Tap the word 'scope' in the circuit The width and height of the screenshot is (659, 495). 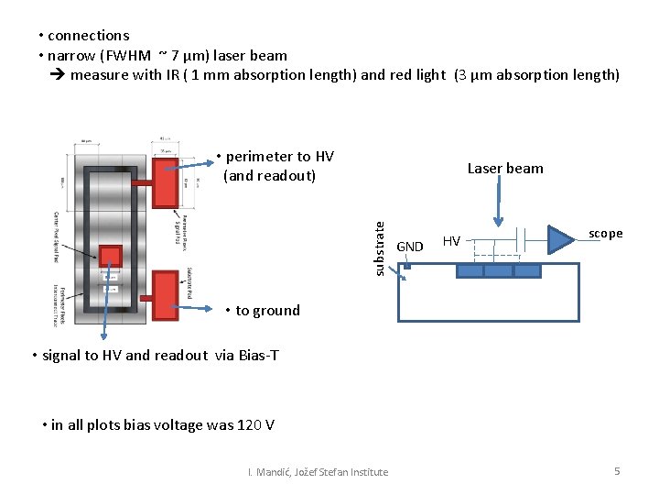[605, 234]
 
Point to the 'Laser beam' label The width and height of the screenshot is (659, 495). [505, 169]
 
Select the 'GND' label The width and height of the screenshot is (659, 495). [410, 247]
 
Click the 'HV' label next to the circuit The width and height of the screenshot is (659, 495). [451, 241]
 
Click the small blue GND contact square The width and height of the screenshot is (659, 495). [406, 267]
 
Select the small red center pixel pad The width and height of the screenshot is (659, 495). [111, 258]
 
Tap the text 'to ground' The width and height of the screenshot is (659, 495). [267, 311]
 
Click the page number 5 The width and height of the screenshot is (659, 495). [617, 471]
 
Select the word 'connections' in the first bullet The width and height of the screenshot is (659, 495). [89, 36]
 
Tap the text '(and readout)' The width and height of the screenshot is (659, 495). [269, 176]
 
